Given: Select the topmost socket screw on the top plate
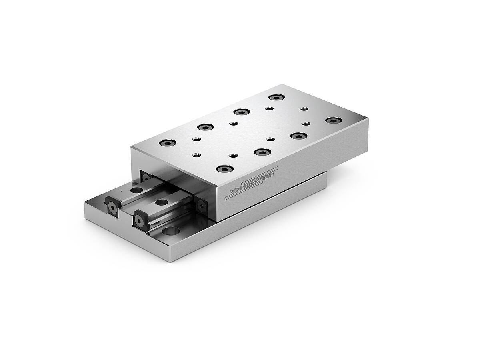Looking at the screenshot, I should [x=276, y=97].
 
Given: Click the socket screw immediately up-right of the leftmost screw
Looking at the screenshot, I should [x=205, y=127].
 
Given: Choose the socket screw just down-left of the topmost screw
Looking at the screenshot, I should [x=242, y=112].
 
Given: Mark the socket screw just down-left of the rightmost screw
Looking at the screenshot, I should [x=298, y=136].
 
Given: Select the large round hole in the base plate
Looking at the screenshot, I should [x=171, y=231].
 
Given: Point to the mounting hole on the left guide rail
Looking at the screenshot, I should [x=137, y=190].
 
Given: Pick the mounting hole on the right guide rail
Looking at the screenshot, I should [x=162, y=202].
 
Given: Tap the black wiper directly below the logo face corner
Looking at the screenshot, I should [x=202, y=206].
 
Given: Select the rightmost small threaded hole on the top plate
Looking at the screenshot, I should [x=306, y=124].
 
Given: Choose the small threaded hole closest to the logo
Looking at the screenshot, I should [x=233, y=155].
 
